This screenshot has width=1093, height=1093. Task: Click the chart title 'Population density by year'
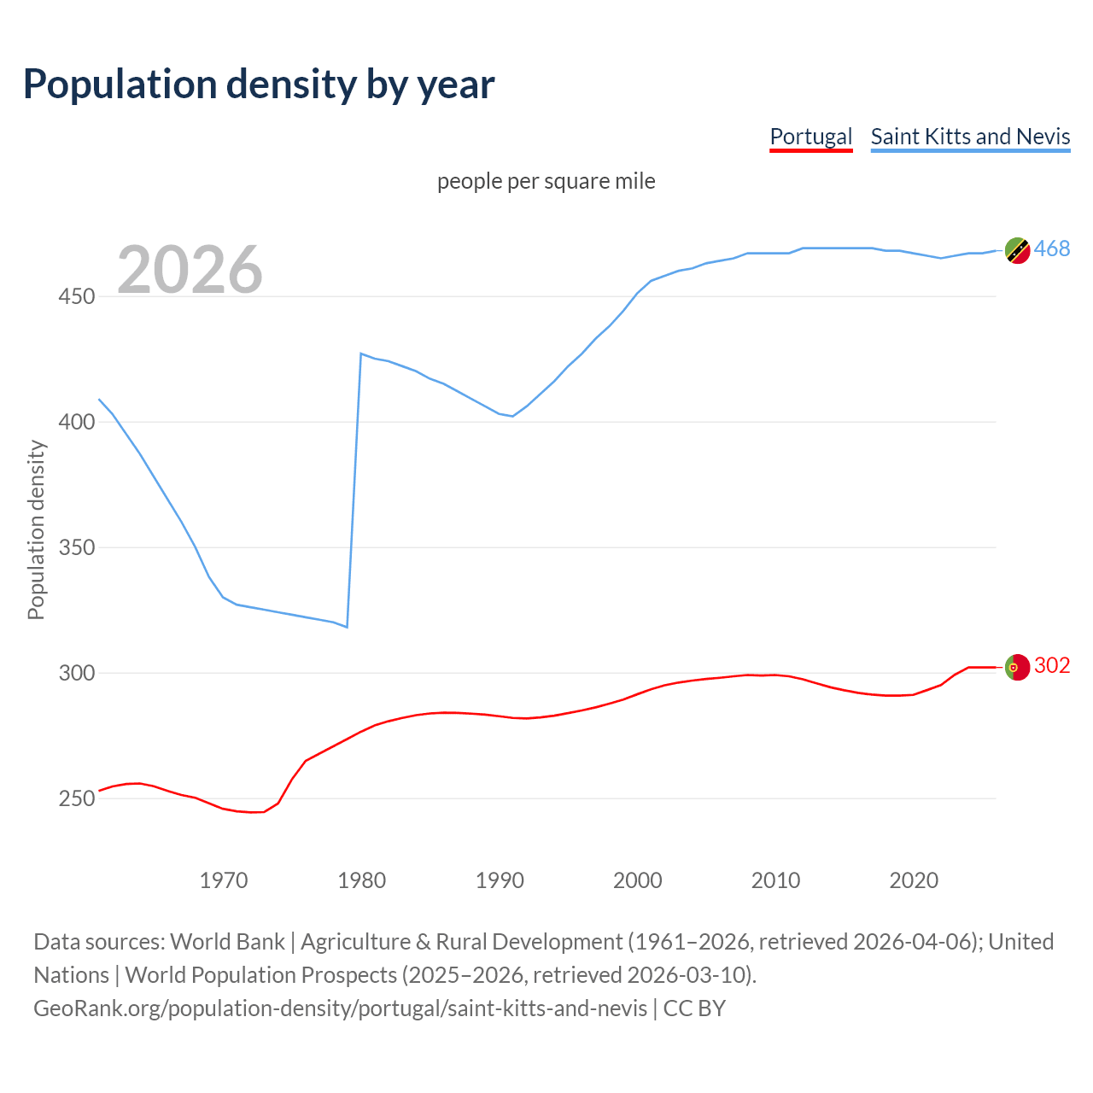(259, 85)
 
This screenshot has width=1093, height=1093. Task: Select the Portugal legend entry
(810, 137)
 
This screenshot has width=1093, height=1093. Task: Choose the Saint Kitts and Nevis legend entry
(970, 137)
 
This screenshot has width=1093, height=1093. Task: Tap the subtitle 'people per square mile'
(546, 181)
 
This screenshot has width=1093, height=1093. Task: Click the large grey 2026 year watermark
(190, 270)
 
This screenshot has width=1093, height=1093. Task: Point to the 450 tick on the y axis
(77, 296)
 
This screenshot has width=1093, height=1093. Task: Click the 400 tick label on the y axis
(77, 422)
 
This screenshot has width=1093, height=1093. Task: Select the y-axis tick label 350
(77, 547)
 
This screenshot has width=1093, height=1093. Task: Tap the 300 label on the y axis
(77, 673)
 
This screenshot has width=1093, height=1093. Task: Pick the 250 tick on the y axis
(77, 798)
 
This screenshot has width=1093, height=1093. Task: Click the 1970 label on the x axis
(224, 880)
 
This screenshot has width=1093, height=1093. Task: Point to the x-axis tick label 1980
(361, 880)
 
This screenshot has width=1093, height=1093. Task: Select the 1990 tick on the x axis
(500, 880)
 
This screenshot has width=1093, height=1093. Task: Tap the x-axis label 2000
(638, 880)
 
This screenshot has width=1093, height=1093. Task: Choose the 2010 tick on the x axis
(775, 880)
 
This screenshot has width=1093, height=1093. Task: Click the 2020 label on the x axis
(914, 880)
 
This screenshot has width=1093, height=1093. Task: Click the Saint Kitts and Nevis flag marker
(1017, 250)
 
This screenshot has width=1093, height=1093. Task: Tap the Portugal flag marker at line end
(1017, 667)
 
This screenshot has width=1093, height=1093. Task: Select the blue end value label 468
(1052, 248)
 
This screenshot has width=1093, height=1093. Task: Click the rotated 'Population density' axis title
(36, 529)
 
